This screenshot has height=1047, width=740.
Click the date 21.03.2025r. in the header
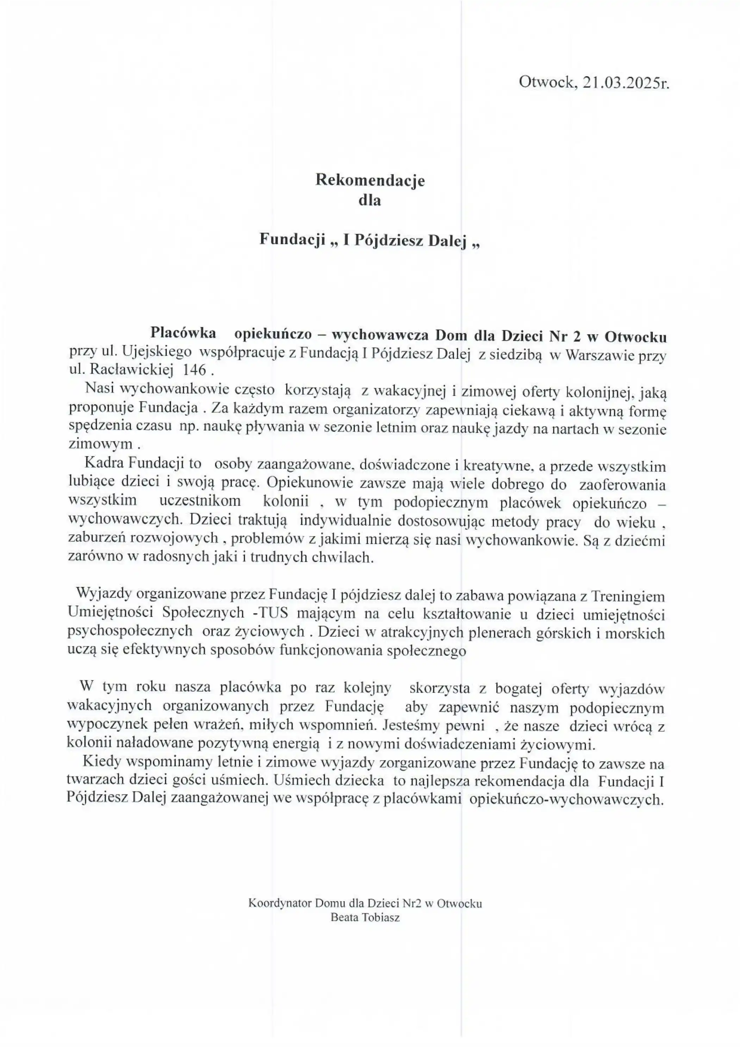tap(626, 82)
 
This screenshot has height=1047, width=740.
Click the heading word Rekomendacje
tap(370, 180)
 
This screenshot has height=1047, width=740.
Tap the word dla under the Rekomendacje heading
tap(369, 200)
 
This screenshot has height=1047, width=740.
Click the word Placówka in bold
tap(184, 333)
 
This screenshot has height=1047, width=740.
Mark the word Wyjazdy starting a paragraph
tap(104, 594)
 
